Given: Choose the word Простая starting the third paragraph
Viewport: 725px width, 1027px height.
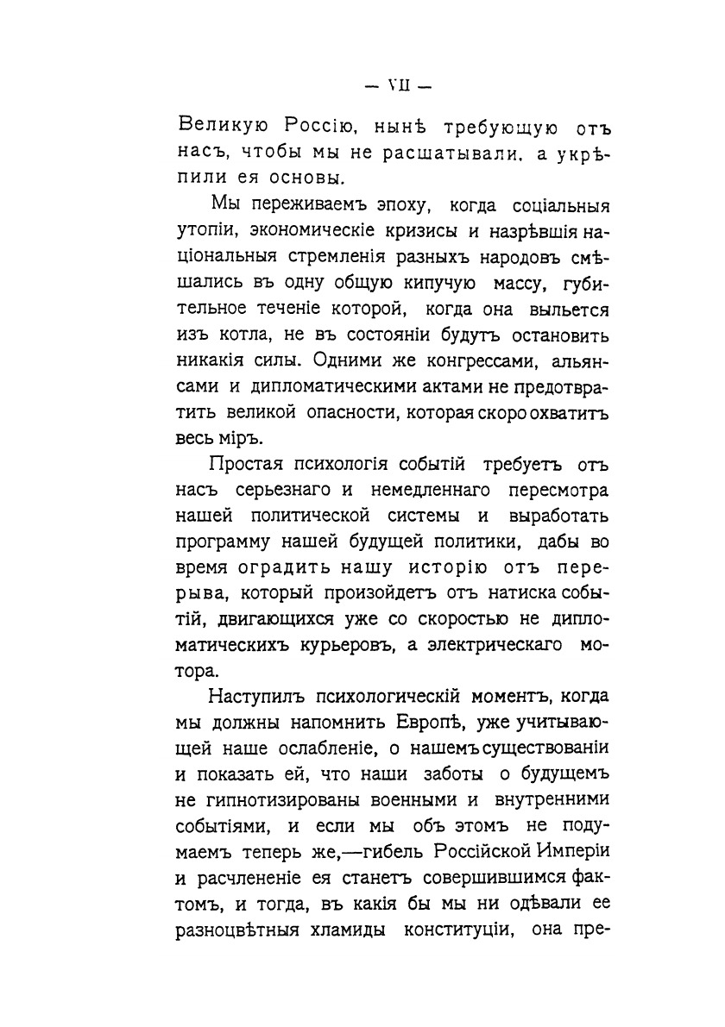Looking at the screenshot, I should [x=240, y=466].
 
